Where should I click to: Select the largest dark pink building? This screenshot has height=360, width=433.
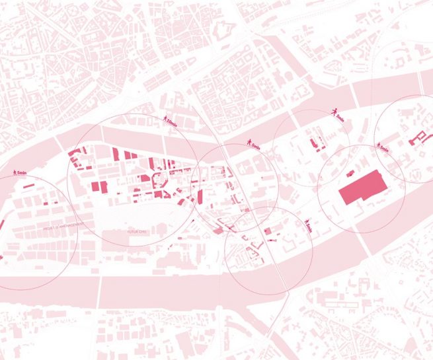click(x=363, y=189)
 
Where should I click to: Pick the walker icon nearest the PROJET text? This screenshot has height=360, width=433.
click(x=15, y=172)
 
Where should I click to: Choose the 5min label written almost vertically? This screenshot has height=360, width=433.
click(x=309, y=229)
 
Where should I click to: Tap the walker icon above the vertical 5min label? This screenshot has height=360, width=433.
click(x=307, y=221)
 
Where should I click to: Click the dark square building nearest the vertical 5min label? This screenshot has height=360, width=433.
click(x=268, y=231)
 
